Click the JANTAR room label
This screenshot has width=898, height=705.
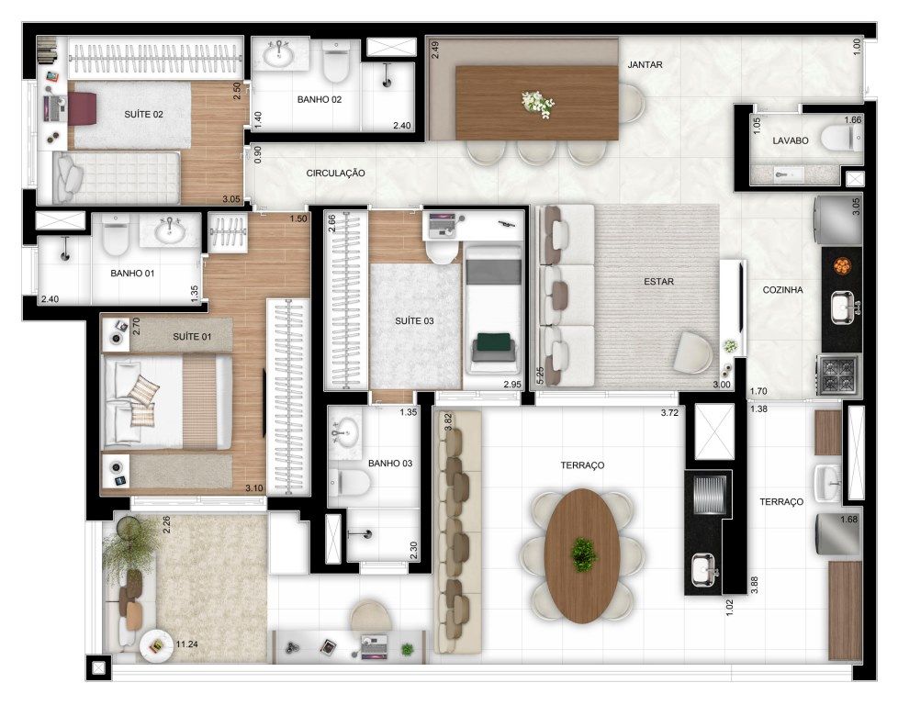(645, 64)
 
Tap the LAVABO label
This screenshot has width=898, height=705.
(791, 140)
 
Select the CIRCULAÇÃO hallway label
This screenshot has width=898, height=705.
(336, 173)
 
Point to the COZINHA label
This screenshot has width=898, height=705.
(782, 290)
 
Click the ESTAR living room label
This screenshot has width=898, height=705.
(658, 281)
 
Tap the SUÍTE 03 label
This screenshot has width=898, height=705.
(414, 320)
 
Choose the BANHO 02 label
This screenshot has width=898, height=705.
(319, 99)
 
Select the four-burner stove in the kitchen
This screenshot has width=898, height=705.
(838, 375)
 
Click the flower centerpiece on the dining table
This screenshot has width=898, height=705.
(538, 105)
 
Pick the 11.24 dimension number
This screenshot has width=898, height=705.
(186, 644)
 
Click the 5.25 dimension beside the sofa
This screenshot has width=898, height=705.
(540, 375)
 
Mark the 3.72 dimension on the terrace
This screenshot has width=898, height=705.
(669, 412)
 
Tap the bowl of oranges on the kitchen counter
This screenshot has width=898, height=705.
(842, 266)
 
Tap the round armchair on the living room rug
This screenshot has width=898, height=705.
(693, 352)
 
